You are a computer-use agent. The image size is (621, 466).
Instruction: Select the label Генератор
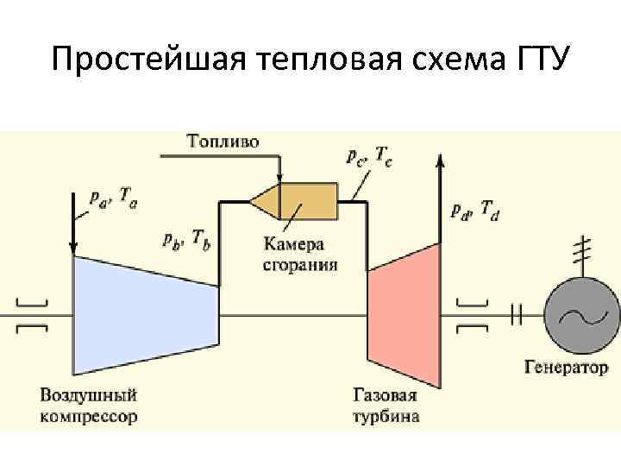click(x=566, y=368)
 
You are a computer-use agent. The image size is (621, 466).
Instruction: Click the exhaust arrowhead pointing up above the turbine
click(x=442, y=159)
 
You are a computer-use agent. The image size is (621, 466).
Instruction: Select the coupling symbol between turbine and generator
click(x=516, y=316)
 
